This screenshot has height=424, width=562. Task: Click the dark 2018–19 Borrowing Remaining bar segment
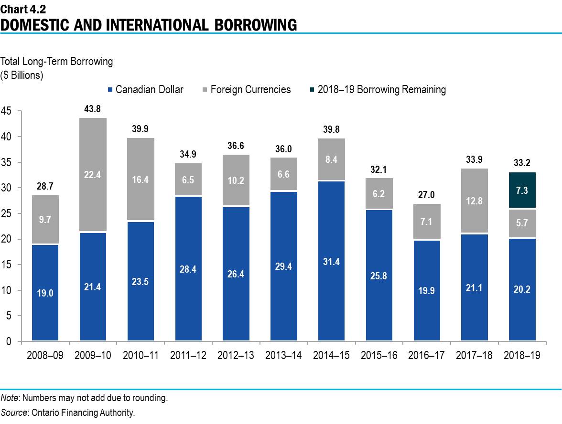522,190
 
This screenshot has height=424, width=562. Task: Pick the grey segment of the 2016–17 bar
426,221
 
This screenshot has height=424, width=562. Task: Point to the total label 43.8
92,109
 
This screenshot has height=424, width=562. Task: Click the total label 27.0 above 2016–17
426,195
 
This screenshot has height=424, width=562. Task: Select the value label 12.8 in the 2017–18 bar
474,201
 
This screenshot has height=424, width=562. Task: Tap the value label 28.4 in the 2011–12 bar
188,269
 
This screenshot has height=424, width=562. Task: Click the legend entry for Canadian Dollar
145,90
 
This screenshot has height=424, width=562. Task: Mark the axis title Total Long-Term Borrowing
57,62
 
